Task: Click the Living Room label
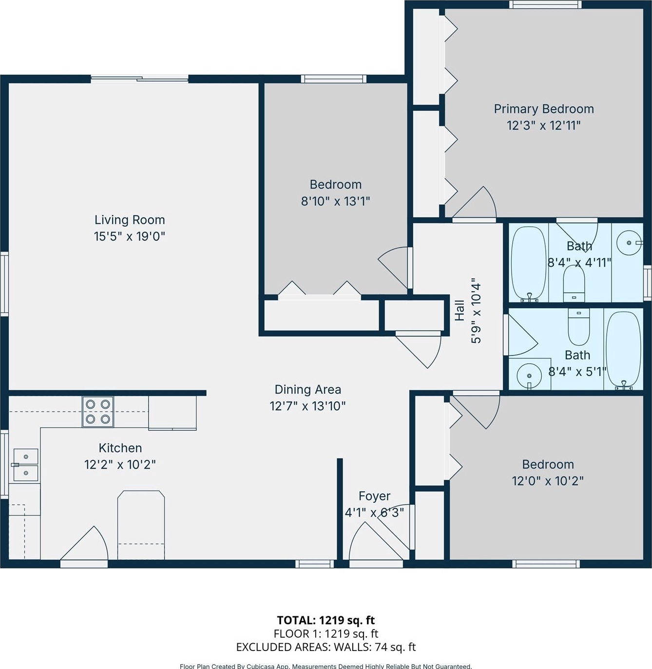[x=130, y=220]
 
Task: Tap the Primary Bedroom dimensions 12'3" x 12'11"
[x=544, y=125]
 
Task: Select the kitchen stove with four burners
[x=98, y=412]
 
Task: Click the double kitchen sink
[x=26, y=465]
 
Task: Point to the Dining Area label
[x=308, y=390]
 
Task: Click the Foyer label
[x=374, y=496]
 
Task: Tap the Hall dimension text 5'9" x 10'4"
[x=476, y=311]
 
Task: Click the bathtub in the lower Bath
[x=623, y=351]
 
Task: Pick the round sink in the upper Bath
[x=629, y=243]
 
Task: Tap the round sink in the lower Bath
[x=529, y=376]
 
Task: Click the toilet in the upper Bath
[x=574, y=284]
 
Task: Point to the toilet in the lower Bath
[x=579, y=327]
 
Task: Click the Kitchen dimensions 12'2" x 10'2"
[x=120, y=465]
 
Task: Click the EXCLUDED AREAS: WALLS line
[x=326, y=647]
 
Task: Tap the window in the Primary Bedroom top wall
[x=545, y=4]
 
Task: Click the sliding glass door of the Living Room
[x=139, y=79]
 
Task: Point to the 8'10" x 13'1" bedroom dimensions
[x=336, y=201]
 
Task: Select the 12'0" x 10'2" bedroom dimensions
[x=548, y=481]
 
